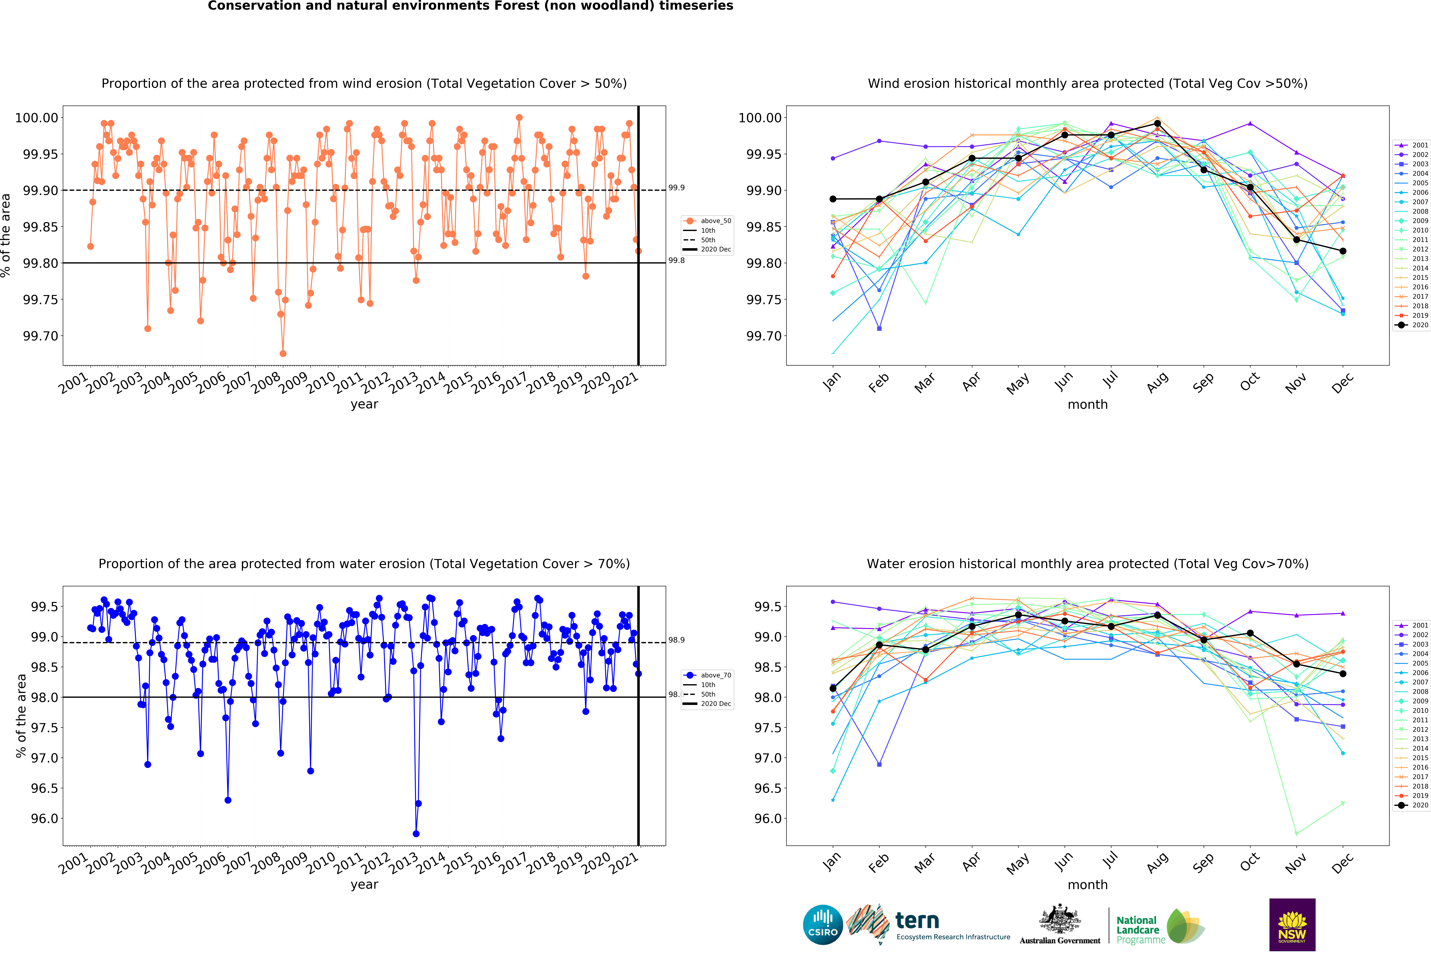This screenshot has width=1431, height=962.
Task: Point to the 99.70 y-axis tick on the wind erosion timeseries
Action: click(40, 336)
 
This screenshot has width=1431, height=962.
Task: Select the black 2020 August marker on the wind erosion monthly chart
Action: click(1157, 123)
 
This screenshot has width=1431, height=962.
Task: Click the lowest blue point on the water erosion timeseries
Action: click(416, 834)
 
